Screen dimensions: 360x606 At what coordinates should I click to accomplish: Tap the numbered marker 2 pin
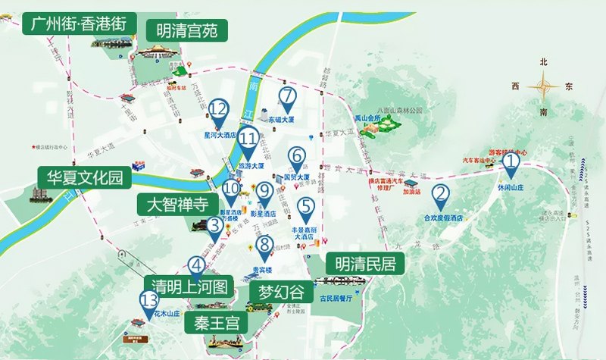tap(440, 196)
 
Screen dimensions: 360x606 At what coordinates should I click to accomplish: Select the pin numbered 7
tap(286, 98)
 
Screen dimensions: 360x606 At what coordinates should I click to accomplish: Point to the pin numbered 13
tap(148, 304)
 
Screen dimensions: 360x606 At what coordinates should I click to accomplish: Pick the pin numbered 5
tap(306, 207)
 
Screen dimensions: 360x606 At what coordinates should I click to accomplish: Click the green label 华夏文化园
tap(85, 178)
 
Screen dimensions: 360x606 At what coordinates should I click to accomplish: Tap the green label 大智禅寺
tap(172, 205)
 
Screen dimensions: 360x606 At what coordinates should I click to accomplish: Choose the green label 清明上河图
tap(189, 287)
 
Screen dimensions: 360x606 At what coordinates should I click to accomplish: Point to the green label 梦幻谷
tap(280, 293)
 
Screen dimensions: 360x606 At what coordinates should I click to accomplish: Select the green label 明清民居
tap(364, 264)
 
